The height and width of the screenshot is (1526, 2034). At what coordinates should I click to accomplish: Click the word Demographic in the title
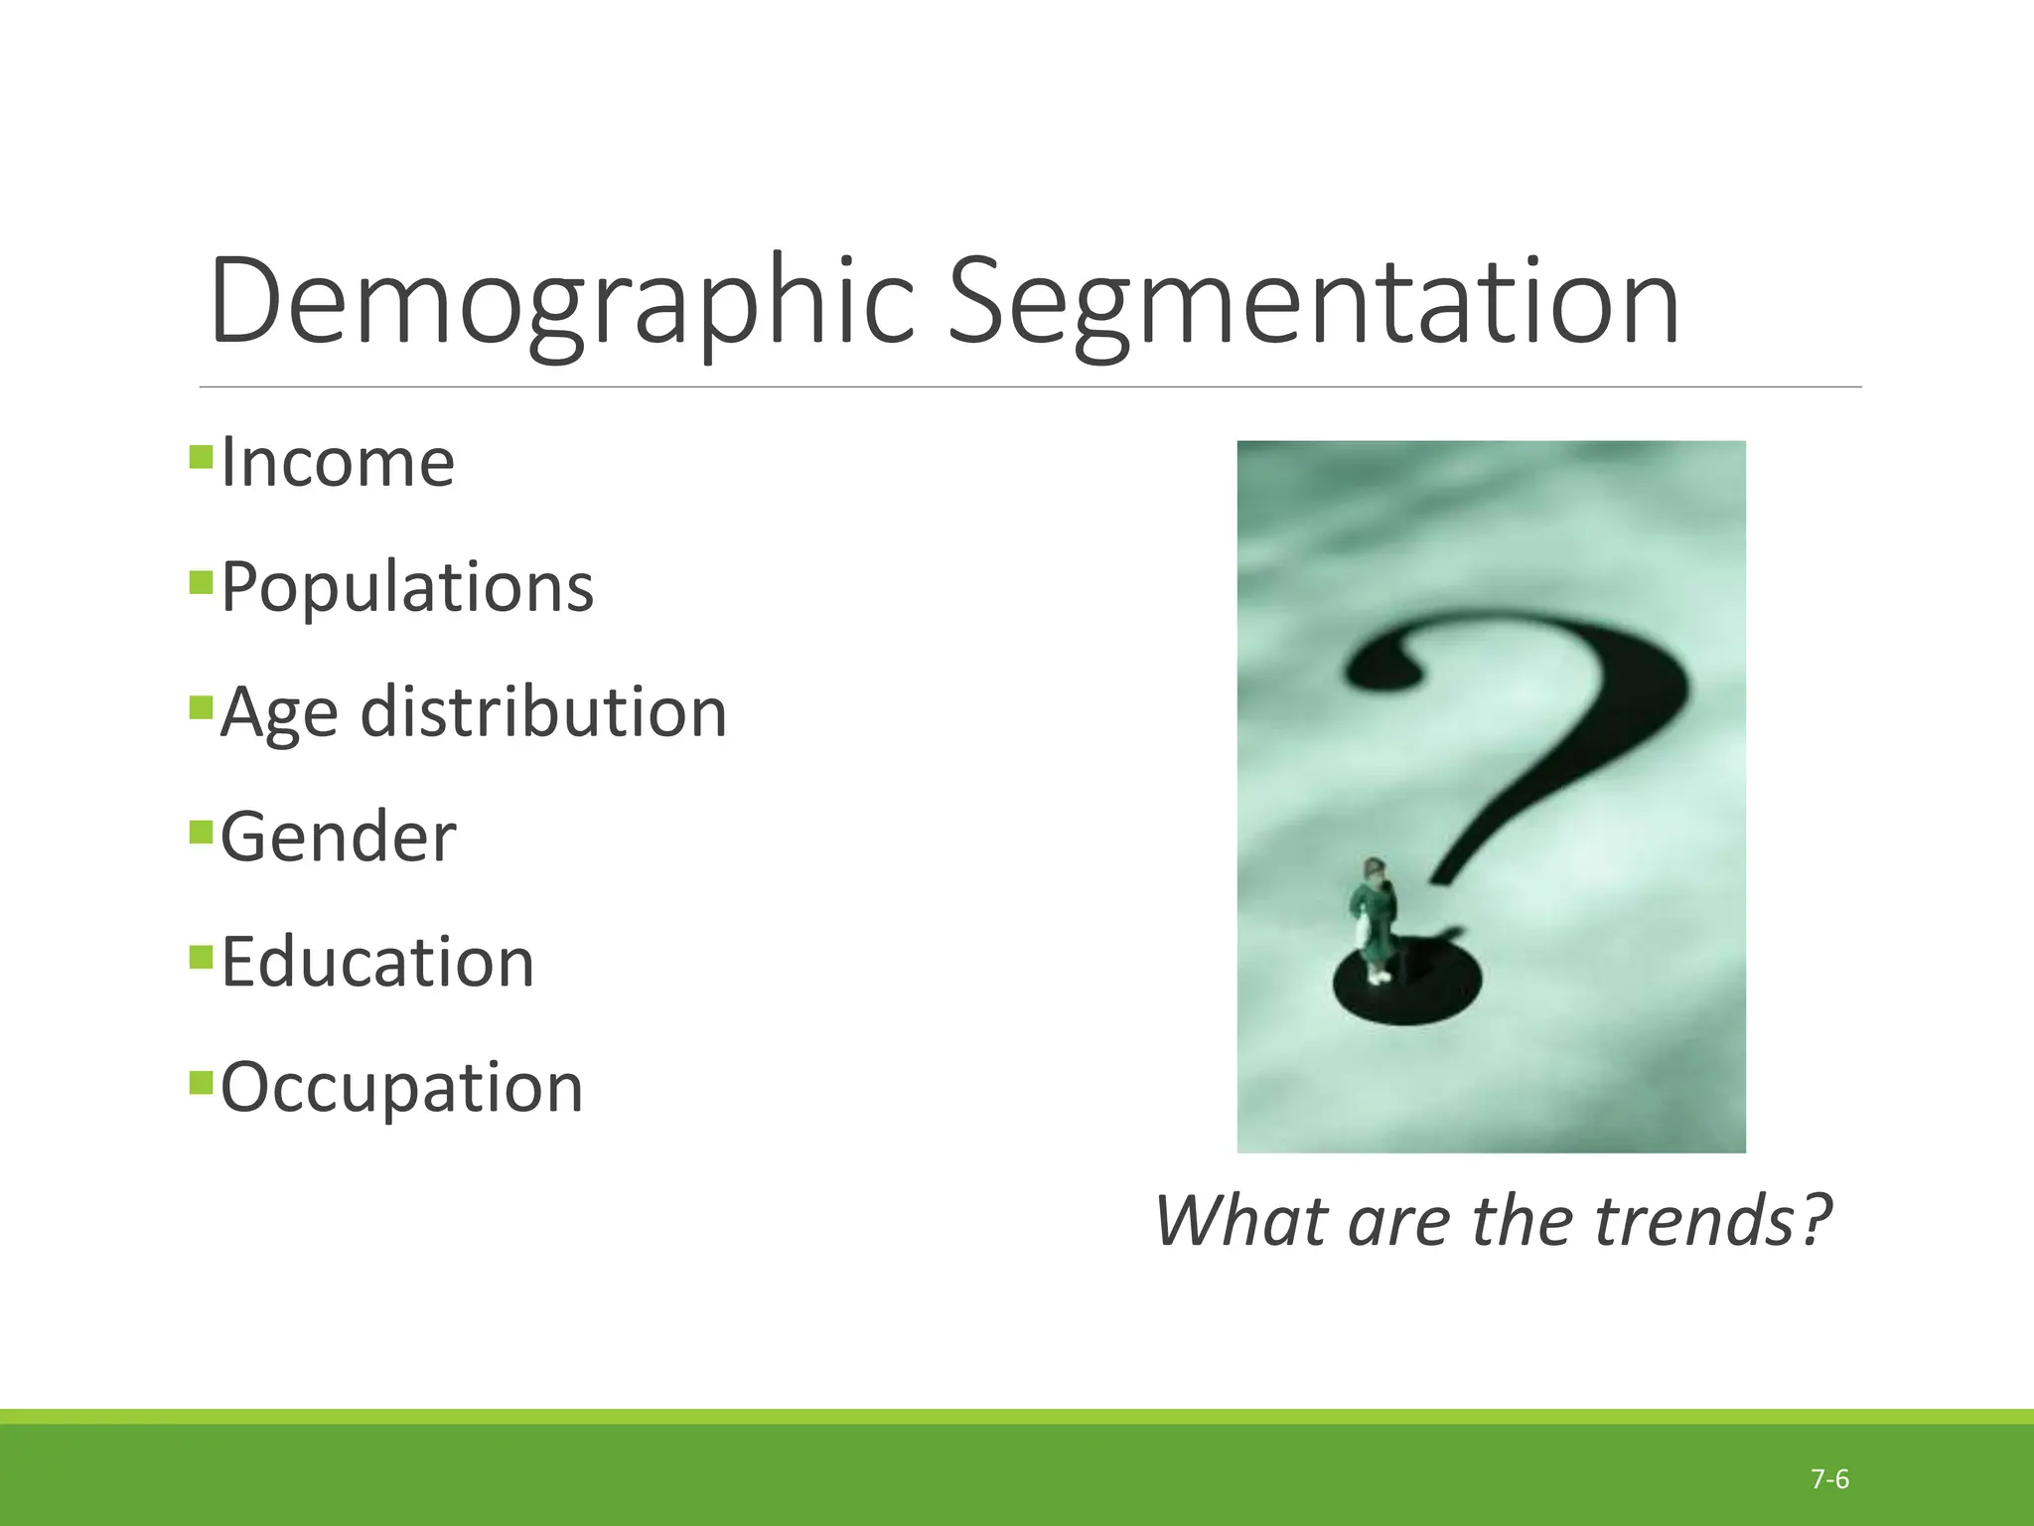(561, 303)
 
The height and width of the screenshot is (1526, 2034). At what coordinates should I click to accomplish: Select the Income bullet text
(338, 463)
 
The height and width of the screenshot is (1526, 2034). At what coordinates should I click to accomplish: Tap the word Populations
(407, 587)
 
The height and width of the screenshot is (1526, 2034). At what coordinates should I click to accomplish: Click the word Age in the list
(279, 713)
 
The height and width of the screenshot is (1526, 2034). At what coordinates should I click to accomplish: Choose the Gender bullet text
(338, 837)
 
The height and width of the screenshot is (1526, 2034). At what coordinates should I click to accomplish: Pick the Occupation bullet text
(401, 1087)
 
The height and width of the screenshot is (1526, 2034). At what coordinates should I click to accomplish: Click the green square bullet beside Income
(201, 457)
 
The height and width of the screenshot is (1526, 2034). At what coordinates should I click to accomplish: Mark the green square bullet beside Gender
(201, 831)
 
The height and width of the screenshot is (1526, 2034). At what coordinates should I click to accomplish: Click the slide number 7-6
(1829, 1480)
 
